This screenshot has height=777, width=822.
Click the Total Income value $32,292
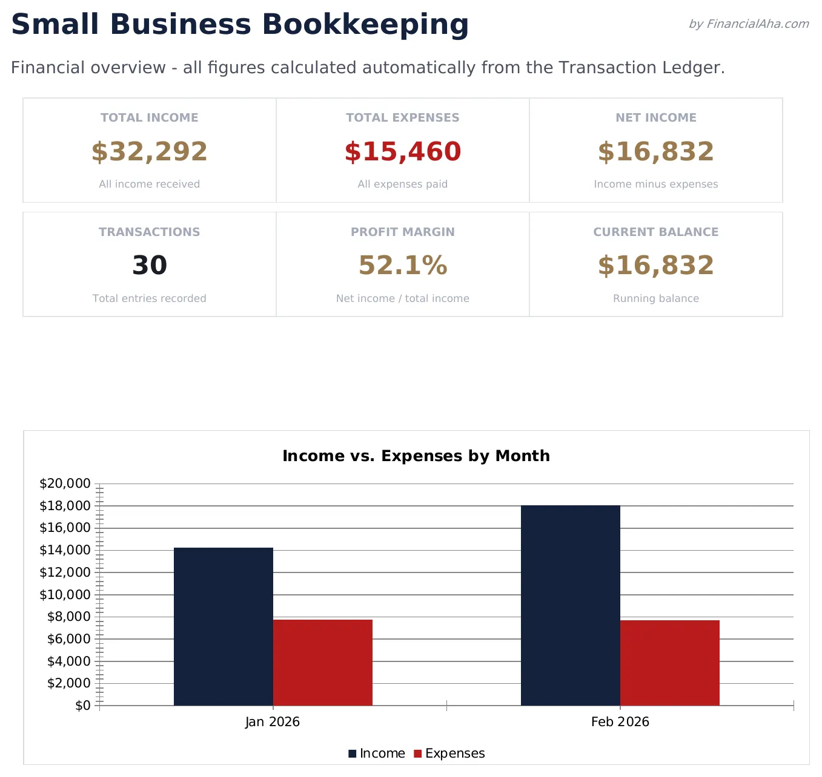[x=149, y=152]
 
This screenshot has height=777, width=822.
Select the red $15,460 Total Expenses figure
[x=402, y=152]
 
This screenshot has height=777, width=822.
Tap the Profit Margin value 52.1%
[x=402, y=266]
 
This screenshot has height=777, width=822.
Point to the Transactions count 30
[x=149, y=266]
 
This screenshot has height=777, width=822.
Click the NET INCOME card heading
[x=655, y=118]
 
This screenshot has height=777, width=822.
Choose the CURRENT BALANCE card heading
[x=655, y=232]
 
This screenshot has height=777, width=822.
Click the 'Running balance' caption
[x=655, y=298]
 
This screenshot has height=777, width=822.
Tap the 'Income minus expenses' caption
[x=655, y=184]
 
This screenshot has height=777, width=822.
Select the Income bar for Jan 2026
[x=223, y=626]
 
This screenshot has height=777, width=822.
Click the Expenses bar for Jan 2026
[x=322, y=663]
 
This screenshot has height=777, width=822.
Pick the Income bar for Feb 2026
[x=570, y=605]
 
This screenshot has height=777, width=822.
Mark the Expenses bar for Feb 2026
[x=669, y=663]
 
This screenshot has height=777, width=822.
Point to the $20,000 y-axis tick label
[x=65, y=484]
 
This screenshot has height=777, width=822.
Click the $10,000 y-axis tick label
[x=65, y=595]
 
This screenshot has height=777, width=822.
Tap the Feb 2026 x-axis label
[x=620, y=722]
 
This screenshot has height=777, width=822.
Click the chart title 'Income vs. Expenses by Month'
[x=416, y=456]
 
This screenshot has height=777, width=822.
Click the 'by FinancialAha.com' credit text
[x=748, y=24]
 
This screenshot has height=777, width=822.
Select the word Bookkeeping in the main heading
[x=365, y=25]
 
